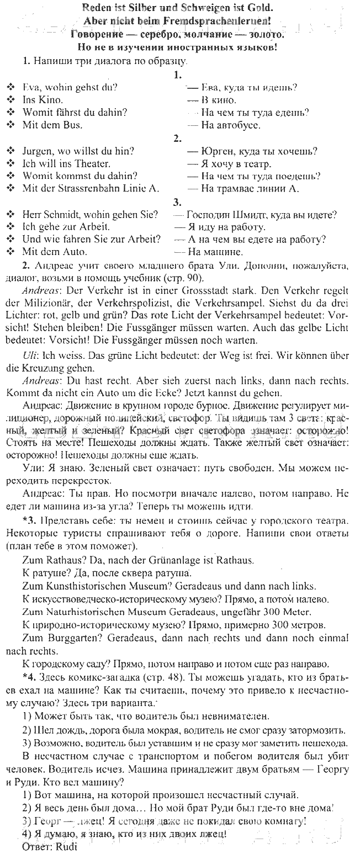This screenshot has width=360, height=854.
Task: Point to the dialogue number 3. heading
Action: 178,201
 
